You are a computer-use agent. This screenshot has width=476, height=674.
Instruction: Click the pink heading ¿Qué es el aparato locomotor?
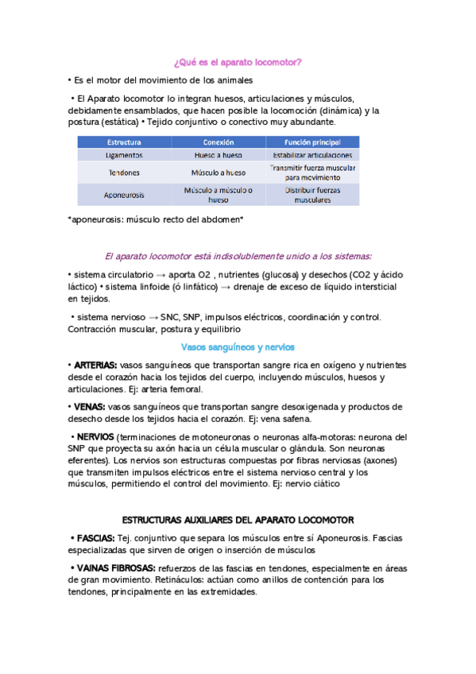(238, 61)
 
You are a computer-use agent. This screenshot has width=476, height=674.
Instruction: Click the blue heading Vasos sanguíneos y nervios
(238, 347)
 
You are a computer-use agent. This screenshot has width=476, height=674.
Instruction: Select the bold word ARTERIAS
(96, 365)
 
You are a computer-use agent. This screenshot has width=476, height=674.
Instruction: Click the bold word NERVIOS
(95, 437)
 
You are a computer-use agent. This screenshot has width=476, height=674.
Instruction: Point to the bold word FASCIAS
(95, 538)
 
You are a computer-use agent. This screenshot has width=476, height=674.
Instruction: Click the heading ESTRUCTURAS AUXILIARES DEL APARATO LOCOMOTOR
(238, 520)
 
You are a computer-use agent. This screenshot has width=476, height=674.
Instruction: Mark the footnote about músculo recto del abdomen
(156, 219)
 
